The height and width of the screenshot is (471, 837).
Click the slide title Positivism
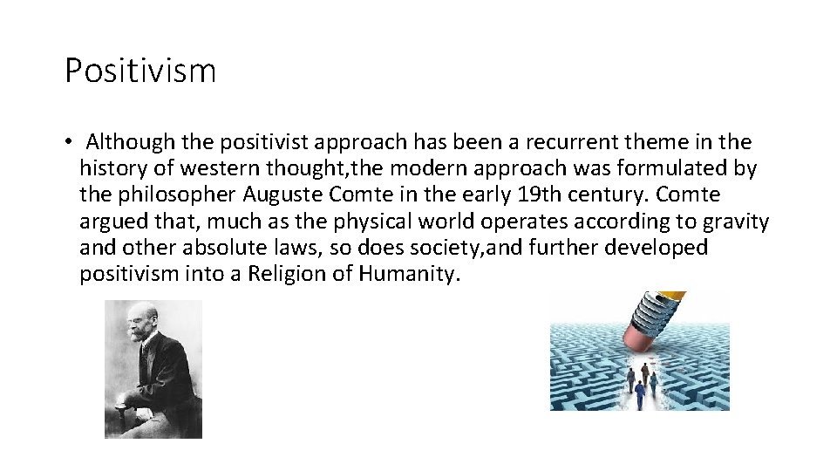pos(140,71)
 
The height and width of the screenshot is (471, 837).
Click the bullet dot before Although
pos(68,142)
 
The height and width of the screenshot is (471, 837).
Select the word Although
pos(131,141)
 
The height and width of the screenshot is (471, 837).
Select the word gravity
pos(734,222)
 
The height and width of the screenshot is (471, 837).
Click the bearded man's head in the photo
pos(146,324)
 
